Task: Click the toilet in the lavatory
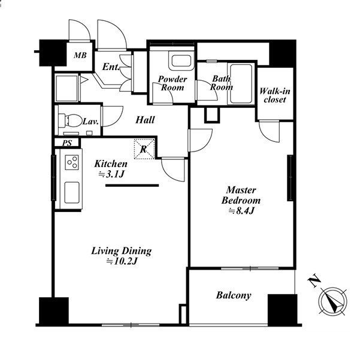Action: pos(71,120)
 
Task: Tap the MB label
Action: pos(80,55)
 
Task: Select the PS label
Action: pos(67,143)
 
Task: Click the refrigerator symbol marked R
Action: pos(144,149)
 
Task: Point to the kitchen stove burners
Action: pos(72,162)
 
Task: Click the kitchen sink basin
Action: pos(72,193)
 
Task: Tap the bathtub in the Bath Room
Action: pos(241,84)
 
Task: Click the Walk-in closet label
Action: pos(274,95)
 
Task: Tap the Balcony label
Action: pos(234,295)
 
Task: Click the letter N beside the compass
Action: pos(314,280)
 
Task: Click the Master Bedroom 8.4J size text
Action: pos(241,211)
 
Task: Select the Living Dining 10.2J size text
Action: pos(122,261)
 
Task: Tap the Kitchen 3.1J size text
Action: pos(111,174)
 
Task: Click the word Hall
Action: pos(145,120)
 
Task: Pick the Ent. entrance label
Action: pos(111,67)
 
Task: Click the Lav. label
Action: pos(90,122)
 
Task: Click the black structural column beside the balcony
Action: pos(282,310)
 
